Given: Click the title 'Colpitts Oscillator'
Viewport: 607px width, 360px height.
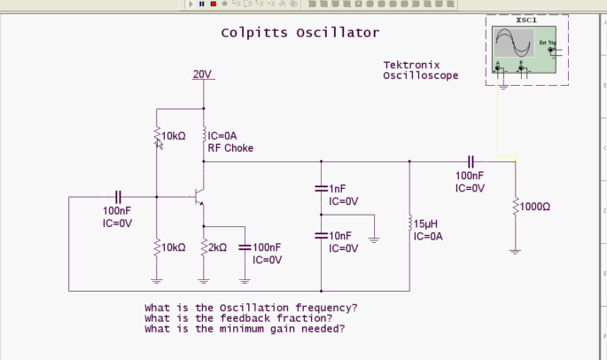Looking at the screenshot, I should pyautogui.click(x=300, y=33).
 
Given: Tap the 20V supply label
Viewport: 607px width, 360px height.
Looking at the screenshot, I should pyautogui.click(x=203, y=74).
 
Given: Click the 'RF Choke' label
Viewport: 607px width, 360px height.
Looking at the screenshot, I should pyautogui.click(x=230, y=148).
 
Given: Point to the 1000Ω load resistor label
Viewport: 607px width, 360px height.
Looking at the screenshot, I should pyautogui.click(x=535, y=207).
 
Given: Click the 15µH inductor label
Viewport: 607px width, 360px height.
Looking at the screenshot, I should pyautogui.click(x=428, y=224).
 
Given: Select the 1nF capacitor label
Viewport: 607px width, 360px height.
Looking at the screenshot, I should pyautogui.click(x=337, y=189).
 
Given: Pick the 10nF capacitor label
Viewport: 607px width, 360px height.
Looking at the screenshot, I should pyautogui.click(x=339, y=236).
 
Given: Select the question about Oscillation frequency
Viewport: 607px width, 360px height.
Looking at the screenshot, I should pyautogui.click(x=251, y=308).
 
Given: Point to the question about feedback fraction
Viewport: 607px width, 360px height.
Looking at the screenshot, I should pyautogui.click(x=238, y=318).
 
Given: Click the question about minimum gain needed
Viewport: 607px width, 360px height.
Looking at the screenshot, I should pyautogui.click(x=245, y=329).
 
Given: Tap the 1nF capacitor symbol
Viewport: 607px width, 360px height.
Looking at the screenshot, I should pyautogui.click(x=321, y=189).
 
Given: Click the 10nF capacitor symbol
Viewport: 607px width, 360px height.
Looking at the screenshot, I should pyautogui.click(x=321, y=236).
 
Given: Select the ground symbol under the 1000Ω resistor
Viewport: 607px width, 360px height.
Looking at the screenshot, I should pyautogui.click(x=515, y=251).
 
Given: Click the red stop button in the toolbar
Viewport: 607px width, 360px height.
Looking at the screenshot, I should pyautogui.click(x=213, y=4).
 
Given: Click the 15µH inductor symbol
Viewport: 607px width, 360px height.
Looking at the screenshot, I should pyautogui.click(x=409, y=223).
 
